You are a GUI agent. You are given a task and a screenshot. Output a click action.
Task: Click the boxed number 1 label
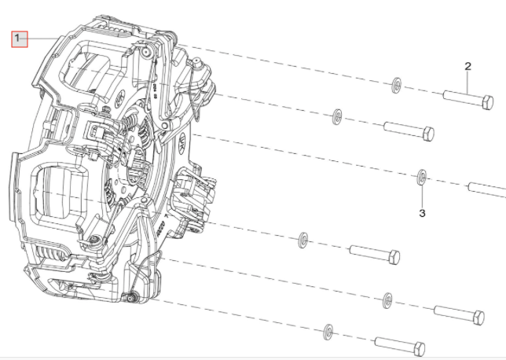tap(19, 39)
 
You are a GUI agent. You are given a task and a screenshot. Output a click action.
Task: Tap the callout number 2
tap(467, 66)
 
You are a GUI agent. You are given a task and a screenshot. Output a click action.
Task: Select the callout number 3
tap(422, 212)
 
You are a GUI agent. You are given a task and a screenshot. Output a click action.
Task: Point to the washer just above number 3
tap(421, 177)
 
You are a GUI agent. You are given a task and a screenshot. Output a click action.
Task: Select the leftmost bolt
tap(374, 254)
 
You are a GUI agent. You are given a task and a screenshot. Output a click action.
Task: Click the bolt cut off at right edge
tap(487, 189)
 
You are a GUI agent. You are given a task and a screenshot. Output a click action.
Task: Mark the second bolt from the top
tap(409, 130)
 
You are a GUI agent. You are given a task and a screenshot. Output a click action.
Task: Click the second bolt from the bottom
tap(459, 315)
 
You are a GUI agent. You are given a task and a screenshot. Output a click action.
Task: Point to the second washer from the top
tap(337, 116)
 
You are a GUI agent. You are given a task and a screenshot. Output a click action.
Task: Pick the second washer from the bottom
tap(387, 298)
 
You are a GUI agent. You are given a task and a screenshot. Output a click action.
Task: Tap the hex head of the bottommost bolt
tap(418, 348)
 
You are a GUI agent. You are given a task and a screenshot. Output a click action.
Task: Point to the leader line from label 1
tap(43, 39)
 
